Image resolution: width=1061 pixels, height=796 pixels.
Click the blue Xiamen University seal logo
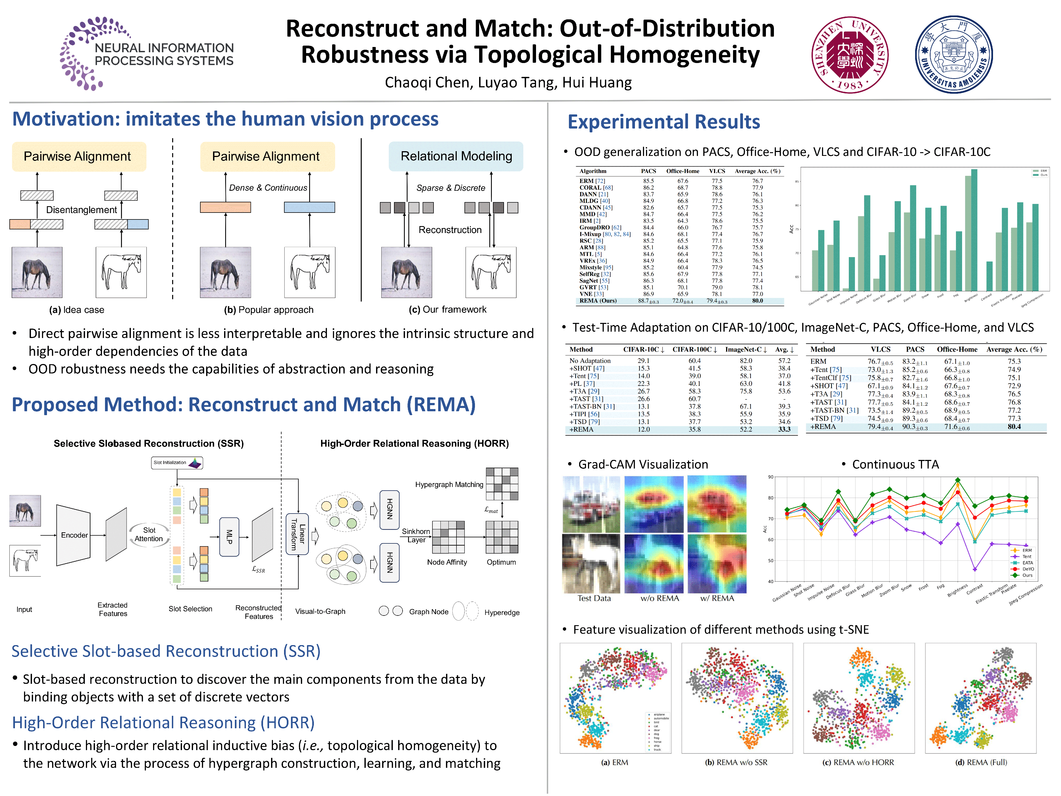[954, 55]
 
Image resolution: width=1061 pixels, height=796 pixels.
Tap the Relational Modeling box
[456, 156]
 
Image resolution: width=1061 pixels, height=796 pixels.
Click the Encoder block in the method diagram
[74, 535]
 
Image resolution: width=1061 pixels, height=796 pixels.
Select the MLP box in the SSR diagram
[229, 537]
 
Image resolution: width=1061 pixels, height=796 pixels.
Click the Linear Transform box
[297, 533]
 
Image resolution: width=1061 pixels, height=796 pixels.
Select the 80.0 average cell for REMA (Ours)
[757, 301]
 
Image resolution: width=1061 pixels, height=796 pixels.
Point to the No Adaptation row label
[590, 361]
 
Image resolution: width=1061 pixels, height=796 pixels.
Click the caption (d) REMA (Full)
[981, 762]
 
